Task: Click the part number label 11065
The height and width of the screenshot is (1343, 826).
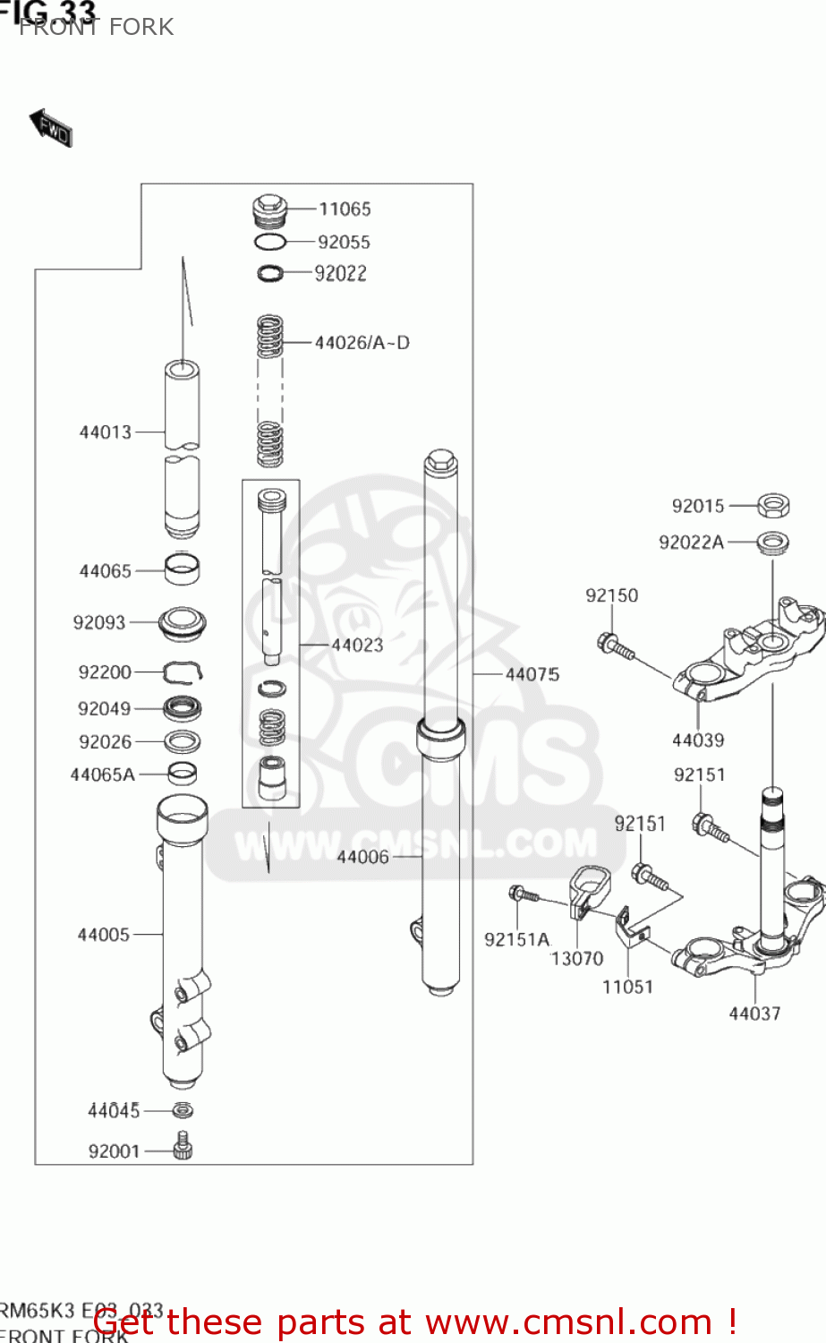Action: [345, 209]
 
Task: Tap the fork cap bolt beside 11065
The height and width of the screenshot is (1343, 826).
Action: [269, 211]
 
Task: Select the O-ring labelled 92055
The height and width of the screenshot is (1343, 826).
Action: [269, 242]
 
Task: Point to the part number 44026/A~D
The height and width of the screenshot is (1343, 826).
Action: [362, 342]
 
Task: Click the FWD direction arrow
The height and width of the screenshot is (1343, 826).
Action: [51, 128]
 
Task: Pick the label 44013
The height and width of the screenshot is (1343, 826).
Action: [106, 432]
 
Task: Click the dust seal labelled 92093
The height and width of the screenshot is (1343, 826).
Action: [183, 621]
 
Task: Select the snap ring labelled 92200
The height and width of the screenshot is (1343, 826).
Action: [183, 671]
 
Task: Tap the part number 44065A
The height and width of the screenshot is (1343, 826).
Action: [103, 774]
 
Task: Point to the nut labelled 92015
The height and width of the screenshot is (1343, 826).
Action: [773, 506]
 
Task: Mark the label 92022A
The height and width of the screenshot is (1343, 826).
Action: [691, 542]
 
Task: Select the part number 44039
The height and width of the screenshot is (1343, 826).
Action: [698, 740]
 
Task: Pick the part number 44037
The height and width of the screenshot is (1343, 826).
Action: [754, 1014]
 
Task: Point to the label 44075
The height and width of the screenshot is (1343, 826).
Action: [532, 673]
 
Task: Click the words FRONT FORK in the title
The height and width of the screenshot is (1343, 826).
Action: [97, 27]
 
